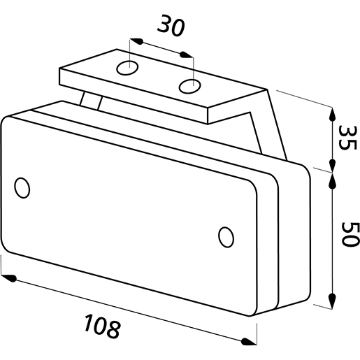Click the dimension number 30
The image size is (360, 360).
[x=171, y=26]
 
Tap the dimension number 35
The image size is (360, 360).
[x=347, y=138]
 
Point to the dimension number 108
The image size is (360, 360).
[x=103, y=326]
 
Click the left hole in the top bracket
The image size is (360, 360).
[x=127, y=68]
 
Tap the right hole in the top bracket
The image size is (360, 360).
[x=190, y=87]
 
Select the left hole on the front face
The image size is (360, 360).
[x=22, y=188]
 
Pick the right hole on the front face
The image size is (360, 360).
[x=226, y=237]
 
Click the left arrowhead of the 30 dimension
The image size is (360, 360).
[x=136, y=41]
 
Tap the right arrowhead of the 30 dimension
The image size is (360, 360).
[x=187, y=55]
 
